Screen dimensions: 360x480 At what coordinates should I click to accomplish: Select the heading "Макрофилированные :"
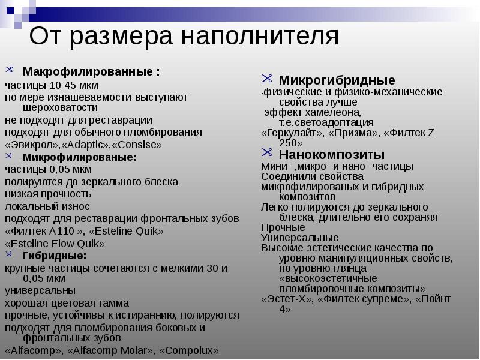(91, 72)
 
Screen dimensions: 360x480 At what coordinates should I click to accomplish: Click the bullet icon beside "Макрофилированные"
(8, 71)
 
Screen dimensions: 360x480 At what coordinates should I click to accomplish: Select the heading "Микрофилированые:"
(79, 157)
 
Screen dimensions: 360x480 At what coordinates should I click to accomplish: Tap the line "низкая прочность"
(48, 194)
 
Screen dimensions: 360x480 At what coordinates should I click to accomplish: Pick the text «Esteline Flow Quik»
(55, 244)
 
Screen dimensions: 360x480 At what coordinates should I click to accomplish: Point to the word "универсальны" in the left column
(40, 291)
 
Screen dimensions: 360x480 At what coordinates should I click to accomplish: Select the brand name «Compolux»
(191, 350)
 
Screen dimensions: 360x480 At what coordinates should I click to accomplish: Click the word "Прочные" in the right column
(283, 227)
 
